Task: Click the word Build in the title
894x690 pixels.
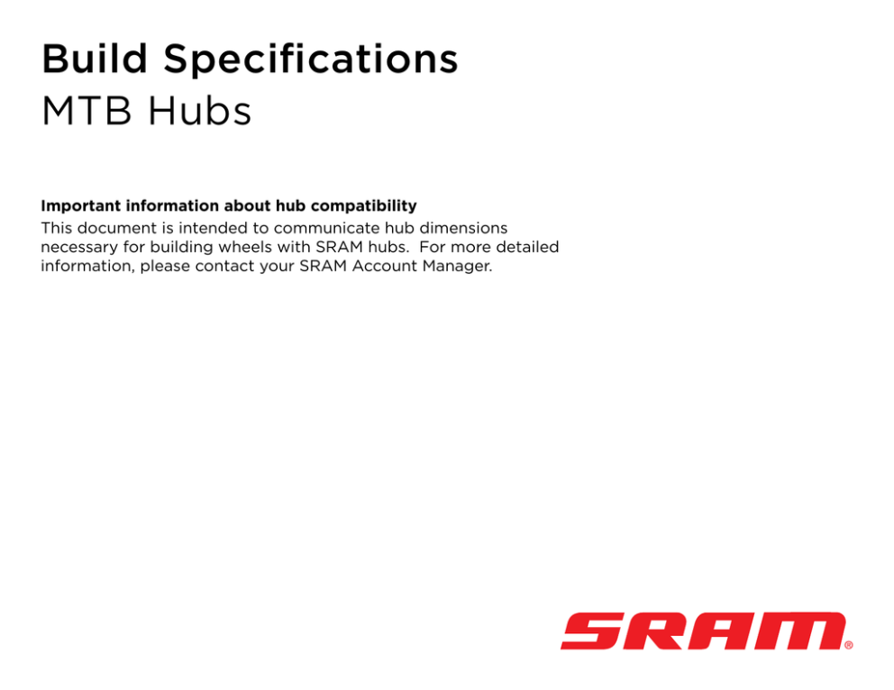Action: coord(95,59)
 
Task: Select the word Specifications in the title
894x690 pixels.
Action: coord(311,60)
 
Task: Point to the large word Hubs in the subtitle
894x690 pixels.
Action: coord(199,110)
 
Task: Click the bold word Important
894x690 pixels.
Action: coord(80,205)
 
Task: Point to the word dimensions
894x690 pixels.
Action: coord(463,228)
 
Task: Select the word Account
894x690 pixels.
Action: coord(385,266)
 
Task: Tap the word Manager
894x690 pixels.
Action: coord(457,267)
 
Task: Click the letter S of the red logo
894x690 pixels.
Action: coord(593,631)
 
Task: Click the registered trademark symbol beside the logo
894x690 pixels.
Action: coord(849,645)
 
